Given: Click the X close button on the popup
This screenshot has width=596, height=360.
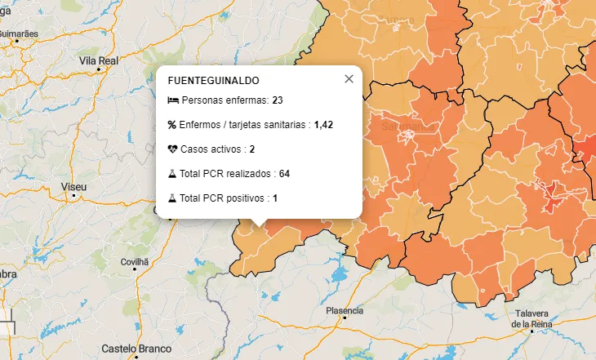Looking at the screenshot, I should [349, 79].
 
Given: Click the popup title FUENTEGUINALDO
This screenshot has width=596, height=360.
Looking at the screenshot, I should [213, 81].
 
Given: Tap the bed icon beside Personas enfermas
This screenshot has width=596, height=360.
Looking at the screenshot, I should [172, 100].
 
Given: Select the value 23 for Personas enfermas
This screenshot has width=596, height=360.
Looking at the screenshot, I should [278, 100].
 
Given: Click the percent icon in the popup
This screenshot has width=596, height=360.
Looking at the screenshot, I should [172, 125].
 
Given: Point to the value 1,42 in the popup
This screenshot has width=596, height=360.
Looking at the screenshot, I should [323, 125].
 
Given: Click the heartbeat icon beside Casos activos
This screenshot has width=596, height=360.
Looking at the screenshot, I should [172, 149].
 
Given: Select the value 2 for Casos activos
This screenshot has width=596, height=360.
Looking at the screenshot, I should [252, 149].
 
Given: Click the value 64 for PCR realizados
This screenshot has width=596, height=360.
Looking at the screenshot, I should [284, 174].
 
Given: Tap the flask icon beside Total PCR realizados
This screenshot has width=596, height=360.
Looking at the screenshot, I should [172, 174].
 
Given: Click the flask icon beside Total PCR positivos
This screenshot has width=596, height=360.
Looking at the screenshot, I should [172, 198].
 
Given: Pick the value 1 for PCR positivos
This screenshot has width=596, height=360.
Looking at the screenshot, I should [276, 198].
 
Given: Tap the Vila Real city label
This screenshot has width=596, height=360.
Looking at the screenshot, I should [99, 60].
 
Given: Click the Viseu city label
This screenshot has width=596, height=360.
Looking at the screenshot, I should [73, 187].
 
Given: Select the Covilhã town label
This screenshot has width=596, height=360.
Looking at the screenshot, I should [136, 262].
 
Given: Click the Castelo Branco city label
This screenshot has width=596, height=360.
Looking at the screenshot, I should [136, 349].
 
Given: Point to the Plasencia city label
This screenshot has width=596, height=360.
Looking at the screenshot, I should [344, 311].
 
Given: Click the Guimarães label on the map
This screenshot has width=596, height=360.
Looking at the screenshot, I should [19, 33].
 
